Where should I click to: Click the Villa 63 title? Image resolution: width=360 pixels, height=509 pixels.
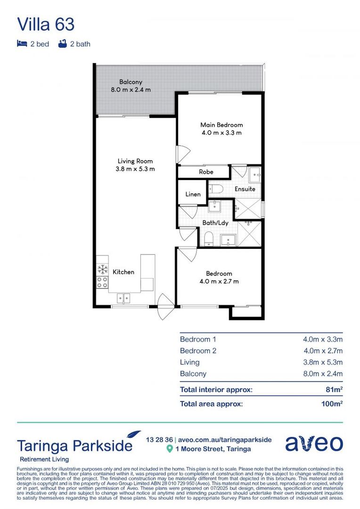46,24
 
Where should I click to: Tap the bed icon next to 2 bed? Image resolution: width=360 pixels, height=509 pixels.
22,44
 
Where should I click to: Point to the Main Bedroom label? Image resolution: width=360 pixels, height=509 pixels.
221,125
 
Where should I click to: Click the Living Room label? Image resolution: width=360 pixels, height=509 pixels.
135,161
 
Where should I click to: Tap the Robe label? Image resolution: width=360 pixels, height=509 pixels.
206,172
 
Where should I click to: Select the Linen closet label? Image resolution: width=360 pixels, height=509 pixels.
193,194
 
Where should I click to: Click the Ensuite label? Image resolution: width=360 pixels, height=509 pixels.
245,189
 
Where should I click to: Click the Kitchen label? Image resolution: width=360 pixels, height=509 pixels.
123,272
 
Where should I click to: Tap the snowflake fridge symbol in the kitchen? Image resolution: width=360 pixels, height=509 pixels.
102,270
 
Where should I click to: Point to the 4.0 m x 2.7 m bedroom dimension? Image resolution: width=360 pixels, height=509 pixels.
219,281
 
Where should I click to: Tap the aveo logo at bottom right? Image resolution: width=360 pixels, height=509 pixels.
314,443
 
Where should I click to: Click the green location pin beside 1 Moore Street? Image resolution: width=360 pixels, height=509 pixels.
170,449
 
